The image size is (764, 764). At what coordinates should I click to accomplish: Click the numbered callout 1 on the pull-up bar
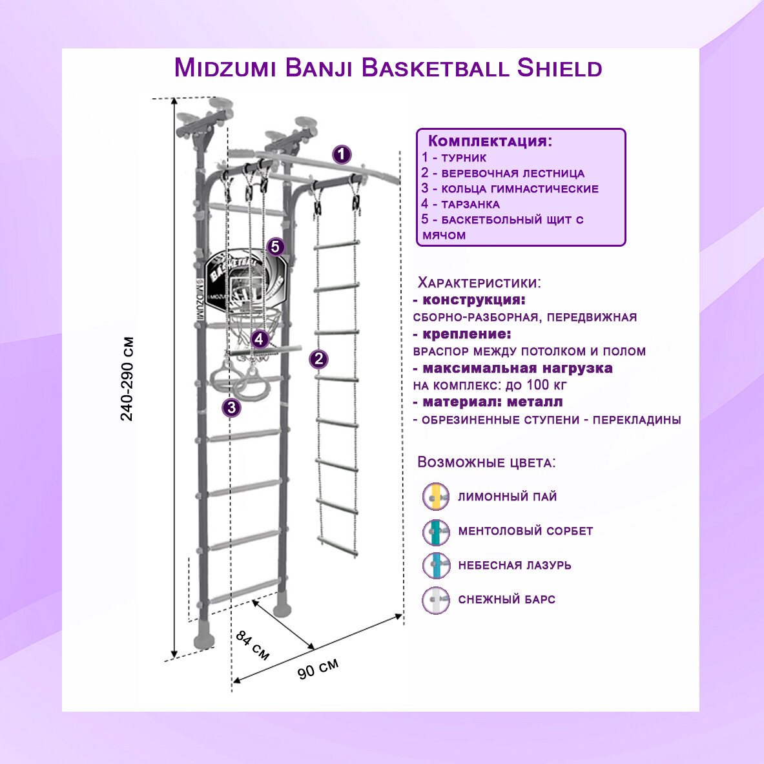[342, 155]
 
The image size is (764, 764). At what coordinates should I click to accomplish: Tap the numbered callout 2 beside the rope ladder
[318, 359]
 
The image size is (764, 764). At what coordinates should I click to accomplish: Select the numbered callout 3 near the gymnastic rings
[232, 408]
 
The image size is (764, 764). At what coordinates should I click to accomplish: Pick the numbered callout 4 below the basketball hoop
[260, 338]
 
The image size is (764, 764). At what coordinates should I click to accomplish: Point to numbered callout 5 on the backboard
[276, 247]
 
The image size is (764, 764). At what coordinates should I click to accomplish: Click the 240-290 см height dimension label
[127, 378]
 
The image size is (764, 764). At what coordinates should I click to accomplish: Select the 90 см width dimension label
[318, 669]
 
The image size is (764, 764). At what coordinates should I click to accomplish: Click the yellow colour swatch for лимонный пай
[435, 497]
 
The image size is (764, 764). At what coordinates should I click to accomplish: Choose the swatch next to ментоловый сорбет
[435, 532]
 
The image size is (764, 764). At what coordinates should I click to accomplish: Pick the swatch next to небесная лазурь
[435, 566]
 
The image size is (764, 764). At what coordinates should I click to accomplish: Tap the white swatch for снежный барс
[435, 600]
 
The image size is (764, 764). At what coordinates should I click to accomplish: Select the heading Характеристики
[479, 283]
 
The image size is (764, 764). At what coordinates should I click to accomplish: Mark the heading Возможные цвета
[486, 462]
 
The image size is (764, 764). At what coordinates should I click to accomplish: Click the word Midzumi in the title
[223, 68]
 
